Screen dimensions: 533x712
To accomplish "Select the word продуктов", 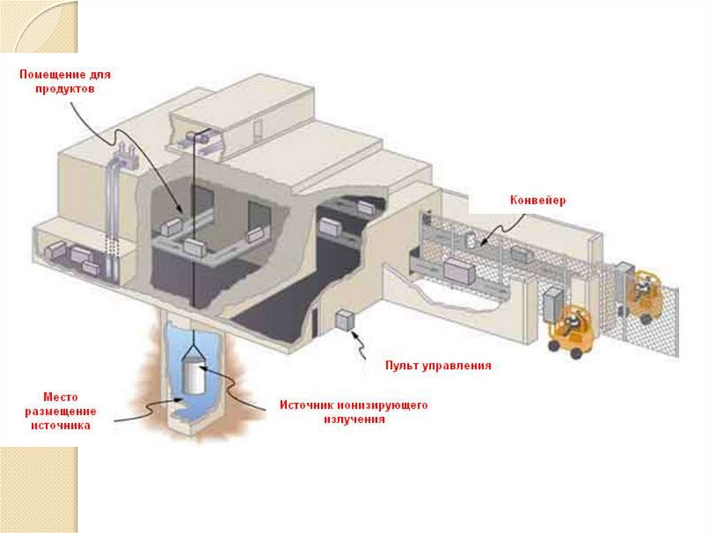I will click(x=65, y=90).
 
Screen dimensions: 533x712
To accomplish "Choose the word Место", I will click(x=60, y=396).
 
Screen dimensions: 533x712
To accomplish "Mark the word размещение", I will click(x=60, y=411).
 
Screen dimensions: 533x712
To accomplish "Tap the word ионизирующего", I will click(x=382, y=405).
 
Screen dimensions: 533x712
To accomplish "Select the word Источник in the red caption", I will click(x=306, y=405).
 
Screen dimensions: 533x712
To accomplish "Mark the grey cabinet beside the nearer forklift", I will click(x=553, y=306).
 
